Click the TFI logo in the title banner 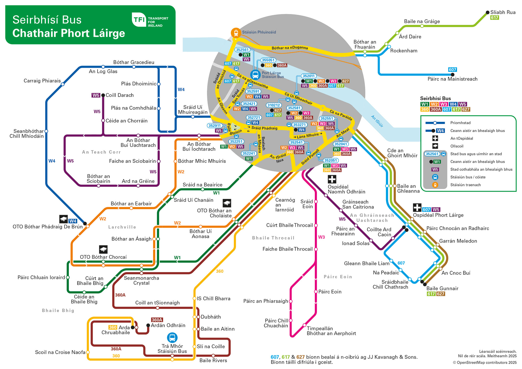coord(139,20)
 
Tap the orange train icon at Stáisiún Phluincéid coord(236,33)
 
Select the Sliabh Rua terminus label coord(503,12)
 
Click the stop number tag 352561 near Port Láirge coord(242,50)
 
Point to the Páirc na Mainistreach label coord(452,79)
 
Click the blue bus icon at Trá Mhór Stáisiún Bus coord(172,338)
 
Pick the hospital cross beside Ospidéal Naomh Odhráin coord(332,179)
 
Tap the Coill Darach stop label coord(120,95)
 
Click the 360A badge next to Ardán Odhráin coord(157,320)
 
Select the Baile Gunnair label coord(442,288)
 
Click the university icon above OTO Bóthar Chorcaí coord(103,249)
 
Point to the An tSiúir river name coord(377,121)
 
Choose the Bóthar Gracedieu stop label coord(134,62)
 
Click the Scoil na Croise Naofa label coord(60,352)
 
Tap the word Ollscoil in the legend coord(457,146)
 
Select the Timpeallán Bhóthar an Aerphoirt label coord(331,331)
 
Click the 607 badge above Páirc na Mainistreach coord(452,70)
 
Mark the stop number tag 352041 coord(341,144)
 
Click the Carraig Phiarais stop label coord(42,81)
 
